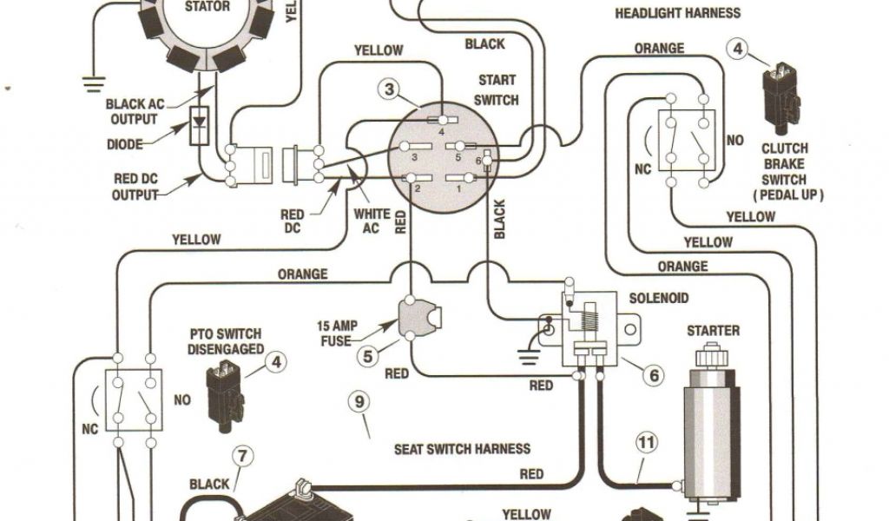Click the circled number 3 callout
click(x=390, y=89)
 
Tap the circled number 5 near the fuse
click(x=368, y=353)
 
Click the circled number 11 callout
click(x=645, y=443)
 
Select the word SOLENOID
click(x=659, y=298)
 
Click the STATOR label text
click(x=207, y=7)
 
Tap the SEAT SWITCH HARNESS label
click(x=462, y=449)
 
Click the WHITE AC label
click(x=372, y=221)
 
